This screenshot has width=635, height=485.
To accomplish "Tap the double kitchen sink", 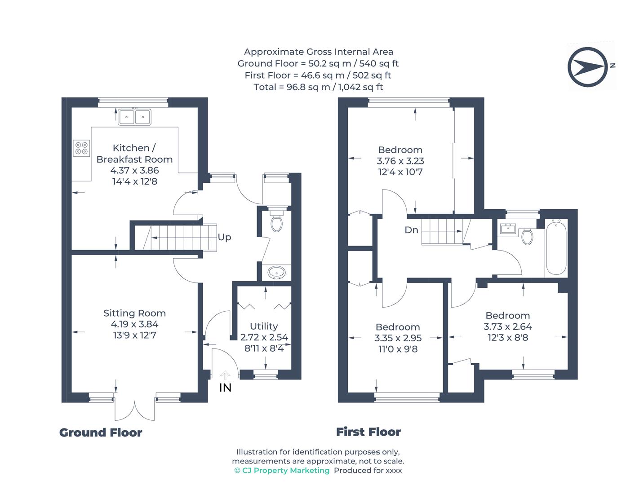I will (x=135, y=117).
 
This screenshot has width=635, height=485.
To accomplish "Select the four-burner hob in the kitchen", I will (x=82, y=148).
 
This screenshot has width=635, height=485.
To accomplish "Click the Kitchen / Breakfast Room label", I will (x=134, y=154).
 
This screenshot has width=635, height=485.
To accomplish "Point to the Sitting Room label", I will (x=134, y=313).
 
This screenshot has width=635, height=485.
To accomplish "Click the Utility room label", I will (x=264, y=326).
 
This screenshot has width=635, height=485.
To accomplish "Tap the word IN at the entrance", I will (x=225, y=388).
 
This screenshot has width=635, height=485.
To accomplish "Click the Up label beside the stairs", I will (x=224, y=237).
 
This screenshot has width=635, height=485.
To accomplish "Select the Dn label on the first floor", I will (x=411, y=230).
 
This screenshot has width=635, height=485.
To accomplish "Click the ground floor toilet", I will (x=277, y=221).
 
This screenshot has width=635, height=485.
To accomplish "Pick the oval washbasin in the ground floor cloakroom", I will (x=276, y=272).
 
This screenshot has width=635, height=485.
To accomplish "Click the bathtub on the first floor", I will (x=556, y=247).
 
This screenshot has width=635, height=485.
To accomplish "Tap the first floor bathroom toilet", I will (x=527, y=236).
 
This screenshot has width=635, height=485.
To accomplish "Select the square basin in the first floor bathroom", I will (x=509, y=229).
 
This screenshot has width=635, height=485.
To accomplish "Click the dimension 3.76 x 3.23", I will (x=400, y=161).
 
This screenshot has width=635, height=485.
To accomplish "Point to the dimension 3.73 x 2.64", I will (x=508, y=326).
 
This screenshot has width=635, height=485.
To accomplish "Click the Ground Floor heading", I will (x=101, y=432).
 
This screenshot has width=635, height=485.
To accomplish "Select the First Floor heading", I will (x=369, y=432).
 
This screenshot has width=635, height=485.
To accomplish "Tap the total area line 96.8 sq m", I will (x=318, y=87).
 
